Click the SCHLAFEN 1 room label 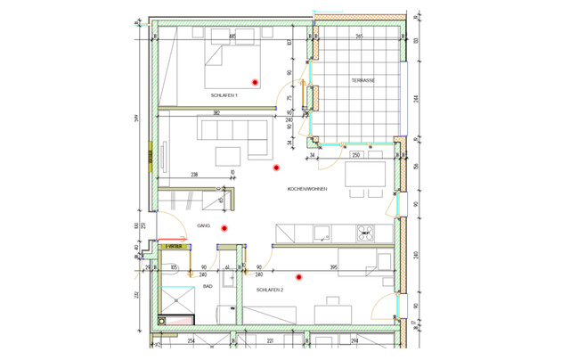(224, 95)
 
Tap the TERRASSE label (362, 80)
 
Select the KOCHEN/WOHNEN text (308, 190)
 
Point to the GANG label (203, 226)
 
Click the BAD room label (207, 287)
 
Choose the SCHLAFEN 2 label (269, 290)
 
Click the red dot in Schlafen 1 (255, 81)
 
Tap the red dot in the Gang (224, 228)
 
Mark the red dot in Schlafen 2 (300, 276)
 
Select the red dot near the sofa (275, 166)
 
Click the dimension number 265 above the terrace (358, 37)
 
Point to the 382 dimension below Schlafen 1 (216, 113)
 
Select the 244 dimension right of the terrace (416, 98)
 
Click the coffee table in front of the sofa (228, 154)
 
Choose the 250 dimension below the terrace (355, 156)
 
